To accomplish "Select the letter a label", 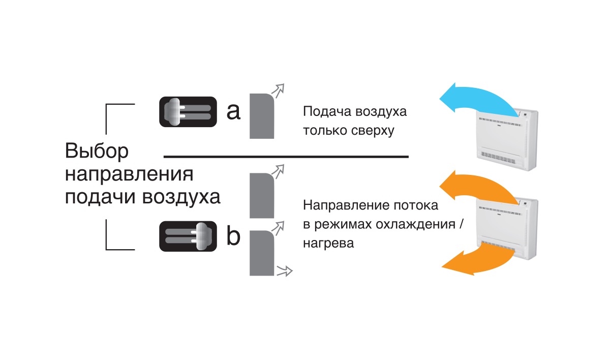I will [x=233, y=111].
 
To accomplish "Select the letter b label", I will [x=233, y=236].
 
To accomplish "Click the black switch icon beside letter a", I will [x=188, y=112].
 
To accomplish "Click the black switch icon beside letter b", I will [x=188, y=236].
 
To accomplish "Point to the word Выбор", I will [x=97, y=152].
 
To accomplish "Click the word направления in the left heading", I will [x=130, y=174].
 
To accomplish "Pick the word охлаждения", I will [x=410, y=225].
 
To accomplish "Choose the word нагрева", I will [x=328, y=243].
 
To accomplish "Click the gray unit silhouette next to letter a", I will [x=262, y=116].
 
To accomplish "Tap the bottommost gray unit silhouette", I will [x=262, y=253].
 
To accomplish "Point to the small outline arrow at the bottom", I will [x=285, y=271].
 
